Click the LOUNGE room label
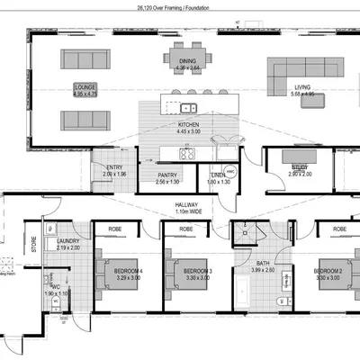[x=84, y=87]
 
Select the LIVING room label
[x=301, y=87]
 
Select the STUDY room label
[x=299, y=167]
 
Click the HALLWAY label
[x=188, y=205]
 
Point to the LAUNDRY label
[x=67, y=241]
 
